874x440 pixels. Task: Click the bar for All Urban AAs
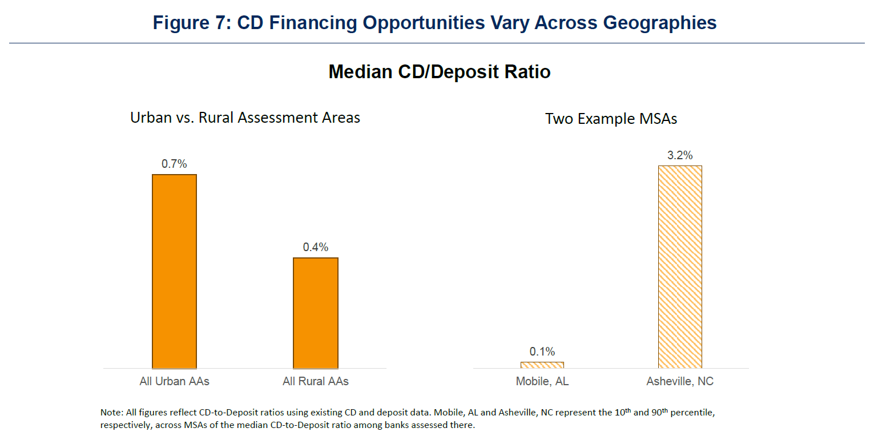pyautogui.click(x=174, y=271)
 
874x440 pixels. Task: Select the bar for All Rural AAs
pyautogui.click(x=316, y=313)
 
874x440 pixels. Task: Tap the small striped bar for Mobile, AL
pyautogui.click(x=542, y=365)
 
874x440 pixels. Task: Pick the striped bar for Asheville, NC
pyautogui.click(x=680, y=267)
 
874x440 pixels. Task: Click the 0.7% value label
pyautogui.click(x=174, y=164)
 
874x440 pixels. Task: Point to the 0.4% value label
pyautogui.click(x=316, y=247)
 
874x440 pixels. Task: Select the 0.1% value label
pyautogui.click(x=542, y=352)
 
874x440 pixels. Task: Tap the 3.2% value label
pyautogui.click(x=680, y=155)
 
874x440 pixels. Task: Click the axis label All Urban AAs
pyautogui.click(x=174, y=381)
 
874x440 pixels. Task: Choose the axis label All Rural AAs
pyautogui.click(x=316, y=381)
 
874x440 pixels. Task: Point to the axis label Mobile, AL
pyautogui.click(x=542, y=381)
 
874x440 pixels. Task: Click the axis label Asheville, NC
pyautogui.click(x=680, y=381)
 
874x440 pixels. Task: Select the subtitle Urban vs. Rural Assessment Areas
pyautogui.click(x=245, y=118)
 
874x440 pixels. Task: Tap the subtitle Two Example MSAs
pyautogui.click(x=611, y=119)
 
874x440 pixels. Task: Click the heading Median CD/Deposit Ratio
pyautogui.click(x=440, y=72)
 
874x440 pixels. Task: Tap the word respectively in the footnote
pyautogui.click(x=126, y=425)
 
